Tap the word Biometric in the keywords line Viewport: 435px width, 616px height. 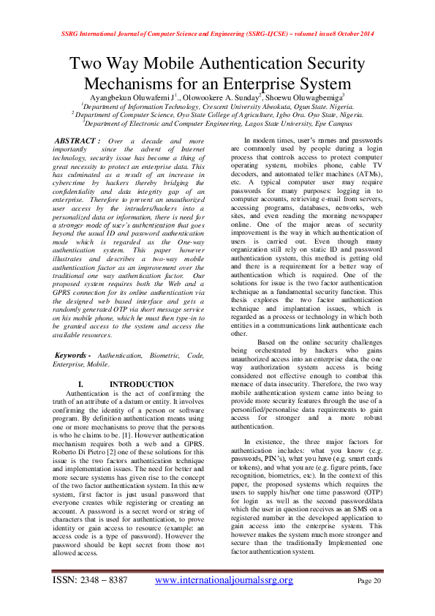[x=143, y=355]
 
